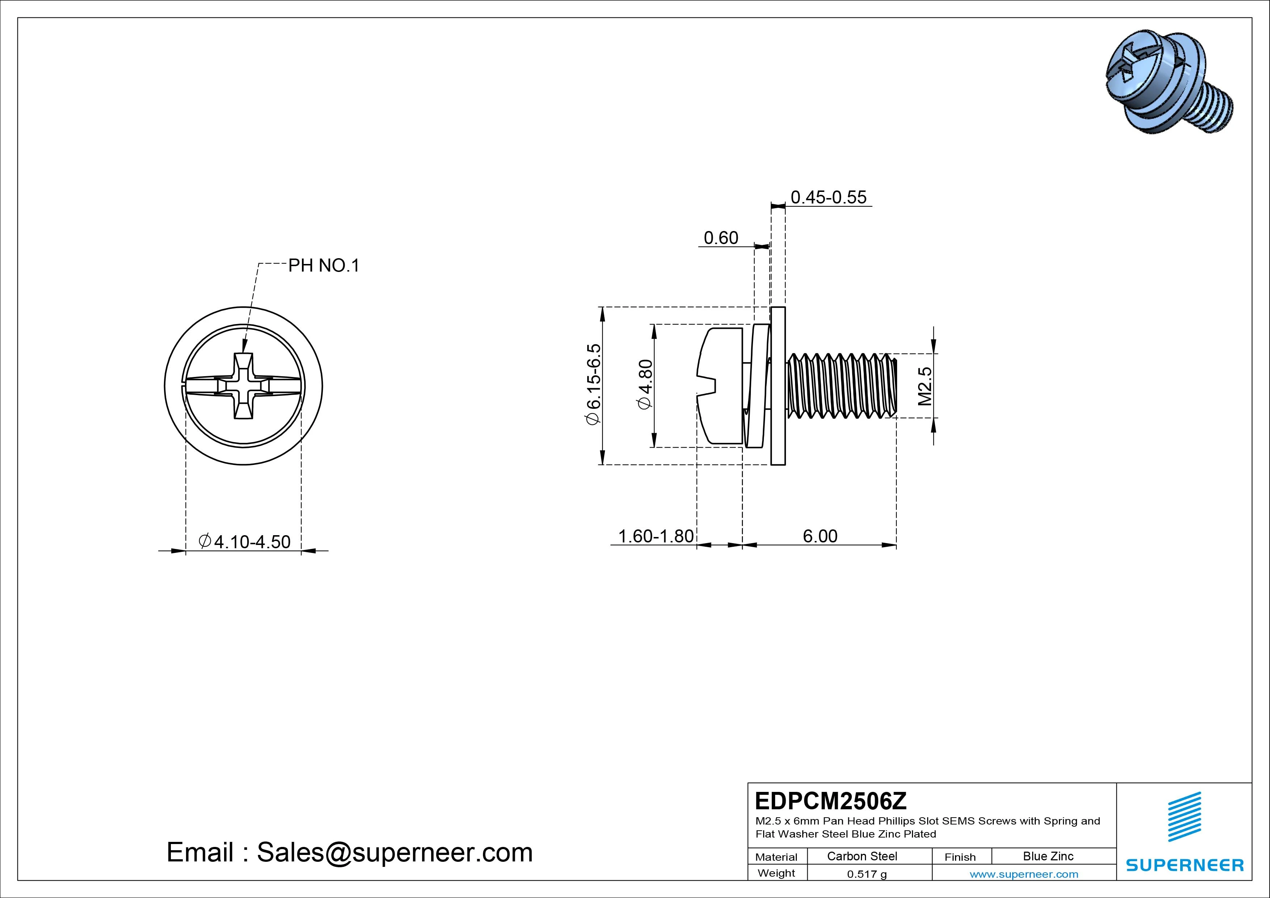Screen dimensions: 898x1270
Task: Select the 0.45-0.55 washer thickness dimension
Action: click(x=828, y=198)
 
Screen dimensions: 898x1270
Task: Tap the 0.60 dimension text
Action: click(x=721, y=238)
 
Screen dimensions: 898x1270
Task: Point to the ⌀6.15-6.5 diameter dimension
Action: click(x=593, y=385)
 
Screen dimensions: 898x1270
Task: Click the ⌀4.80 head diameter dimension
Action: click(x=645, y=385)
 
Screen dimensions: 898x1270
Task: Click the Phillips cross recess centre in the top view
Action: click(x=243, y=386)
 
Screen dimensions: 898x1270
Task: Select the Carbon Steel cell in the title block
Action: click(x=862, y=856)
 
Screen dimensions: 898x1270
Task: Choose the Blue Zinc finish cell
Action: click(x=1048, y=856)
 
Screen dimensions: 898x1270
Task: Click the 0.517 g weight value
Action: click(x=867, y=874)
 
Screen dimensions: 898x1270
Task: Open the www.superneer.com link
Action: click(x=1024, y=874)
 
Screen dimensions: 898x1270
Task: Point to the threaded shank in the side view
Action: click(x=841, y=386)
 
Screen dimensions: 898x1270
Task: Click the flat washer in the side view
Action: click(x=778, y=386)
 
